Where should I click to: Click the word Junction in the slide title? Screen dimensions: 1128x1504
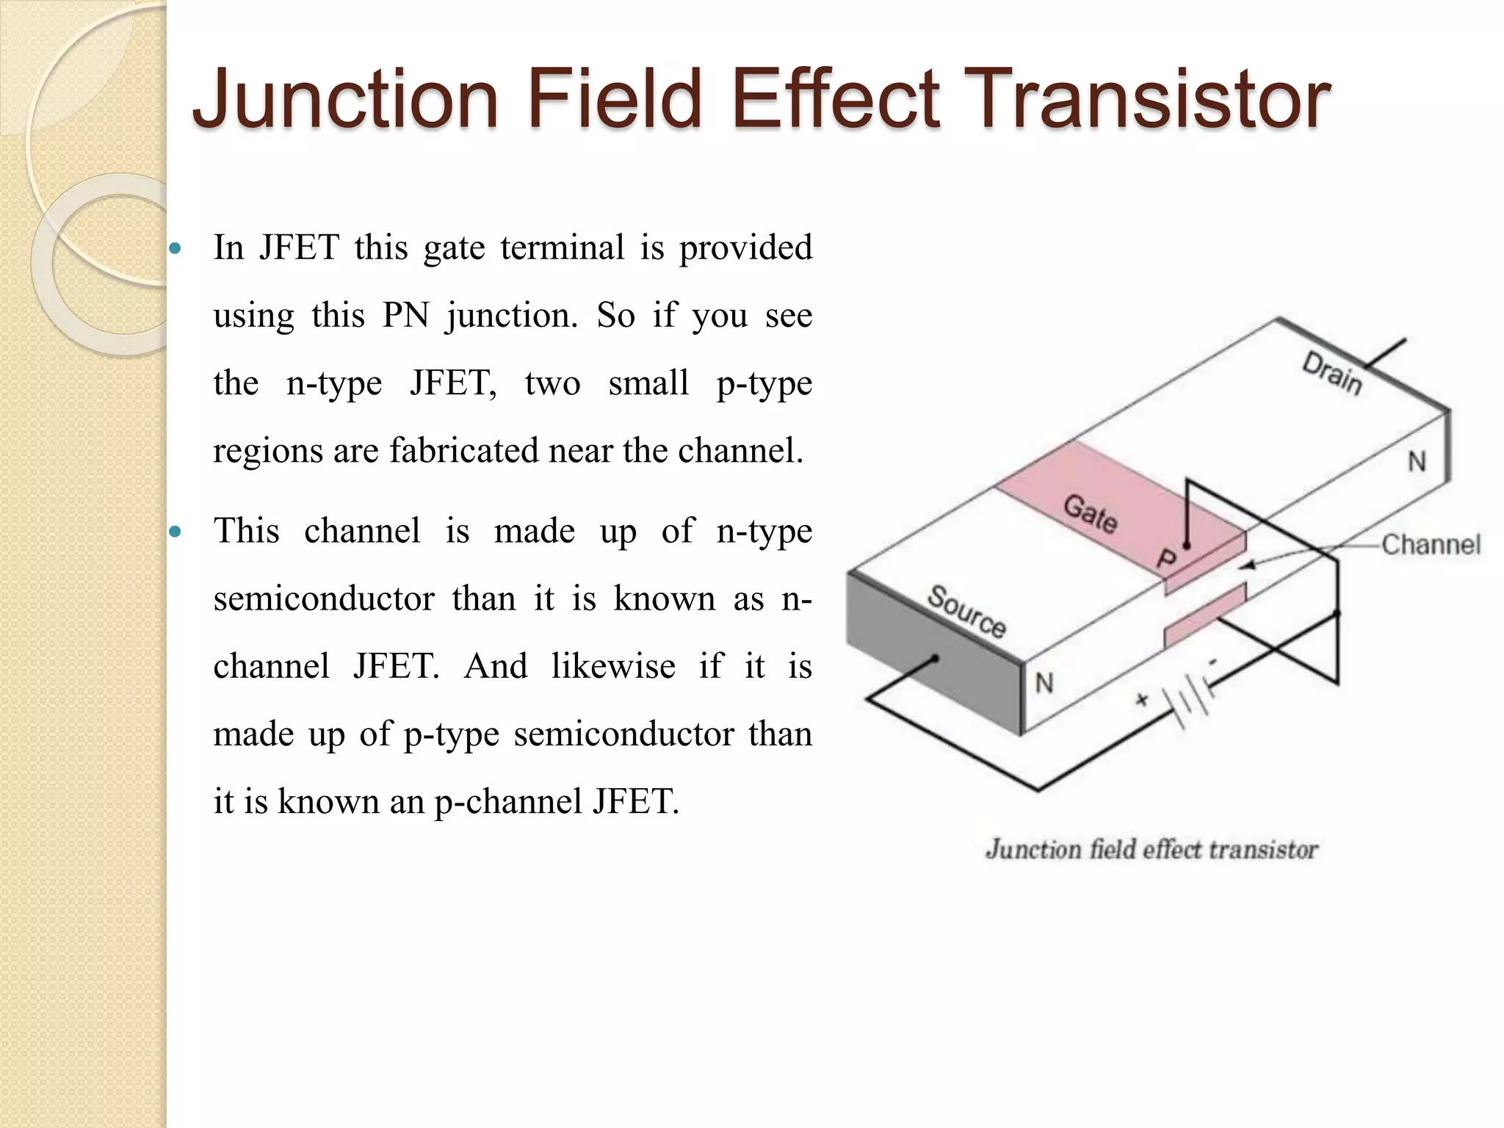(x=345, y=98)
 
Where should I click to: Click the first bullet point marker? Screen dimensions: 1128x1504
(x=175, y=249)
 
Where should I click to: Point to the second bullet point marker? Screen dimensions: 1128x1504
(x=175, y=532)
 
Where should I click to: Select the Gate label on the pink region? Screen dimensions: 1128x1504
(x=1091, y=513)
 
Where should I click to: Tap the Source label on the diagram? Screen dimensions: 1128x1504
(x=966, y=612)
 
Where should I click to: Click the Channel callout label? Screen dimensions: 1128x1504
(x=1431, y=545)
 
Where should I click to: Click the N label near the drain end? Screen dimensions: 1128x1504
(x=1417, y=462)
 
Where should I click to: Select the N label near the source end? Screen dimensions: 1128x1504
(x=1044, y=684)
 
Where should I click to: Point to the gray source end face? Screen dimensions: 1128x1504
(x=933, y=654)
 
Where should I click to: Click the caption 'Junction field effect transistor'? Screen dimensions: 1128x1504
(x=1151, y=850)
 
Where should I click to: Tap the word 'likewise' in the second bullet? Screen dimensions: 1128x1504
(x=613, y=667)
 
